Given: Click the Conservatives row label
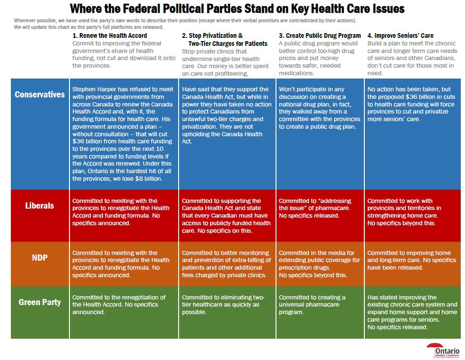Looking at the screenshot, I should click(40, 94).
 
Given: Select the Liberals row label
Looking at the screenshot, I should click(40, 206).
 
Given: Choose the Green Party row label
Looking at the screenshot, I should click(40, 301).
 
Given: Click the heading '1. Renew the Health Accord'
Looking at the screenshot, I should click(110, 35).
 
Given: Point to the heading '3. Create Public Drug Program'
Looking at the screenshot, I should click(319, 35).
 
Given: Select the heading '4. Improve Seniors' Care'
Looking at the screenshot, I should click(400, 35).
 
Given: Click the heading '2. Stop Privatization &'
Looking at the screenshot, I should click(212, 35).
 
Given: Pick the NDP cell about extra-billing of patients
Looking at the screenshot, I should click(226, 264).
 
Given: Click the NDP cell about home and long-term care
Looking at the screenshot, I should click(412, 260).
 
